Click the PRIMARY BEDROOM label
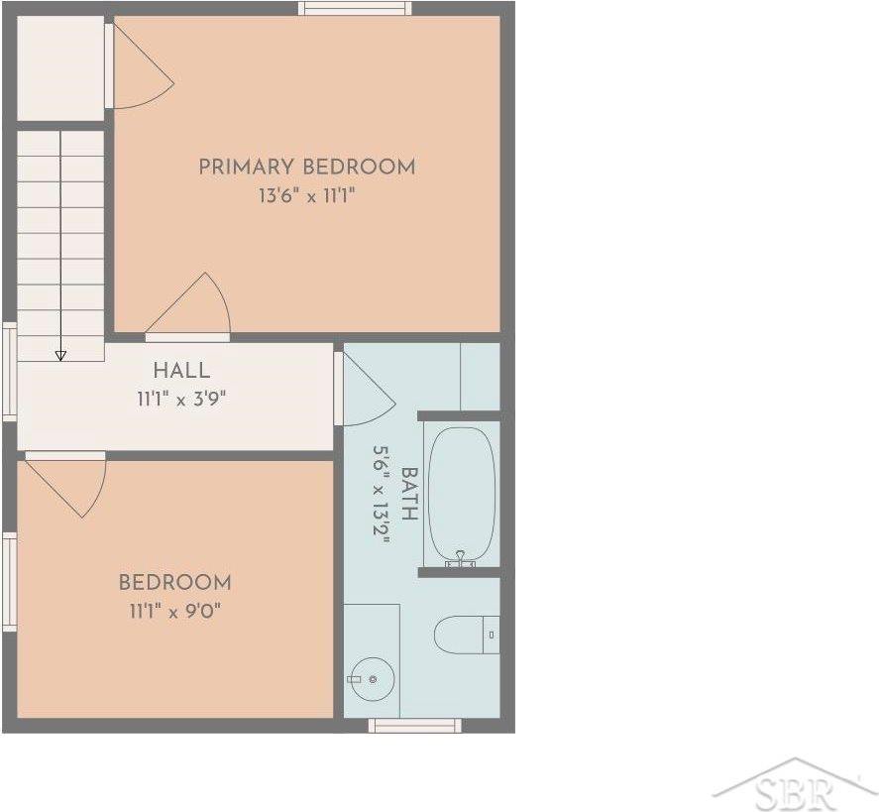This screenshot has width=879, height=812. point(306,167)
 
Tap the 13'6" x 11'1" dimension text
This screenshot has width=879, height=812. point(306,195)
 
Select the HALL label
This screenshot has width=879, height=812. point(181,370)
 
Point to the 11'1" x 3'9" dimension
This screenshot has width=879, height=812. point(181,399)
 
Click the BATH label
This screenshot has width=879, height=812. point(410,494)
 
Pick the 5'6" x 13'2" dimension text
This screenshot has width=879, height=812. point(382,495)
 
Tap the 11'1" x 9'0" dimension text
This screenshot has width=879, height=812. point(174,611)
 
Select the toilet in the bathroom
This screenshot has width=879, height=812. point(467,635)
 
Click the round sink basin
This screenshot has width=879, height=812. point(373,679)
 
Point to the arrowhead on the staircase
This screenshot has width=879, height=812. point(60,356)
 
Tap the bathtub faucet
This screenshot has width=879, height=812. point(460,559)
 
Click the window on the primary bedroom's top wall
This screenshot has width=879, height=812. point(355,8)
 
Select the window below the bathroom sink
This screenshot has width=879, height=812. point(415,726)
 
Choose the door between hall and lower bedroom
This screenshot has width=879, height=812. point(66,485)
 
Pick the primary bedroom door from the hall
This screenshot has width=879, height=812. point(188,307)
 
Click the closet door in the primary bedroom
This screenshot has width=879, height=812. point(140,66)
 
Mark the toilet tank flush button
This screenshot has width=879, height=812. point(492,635)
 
